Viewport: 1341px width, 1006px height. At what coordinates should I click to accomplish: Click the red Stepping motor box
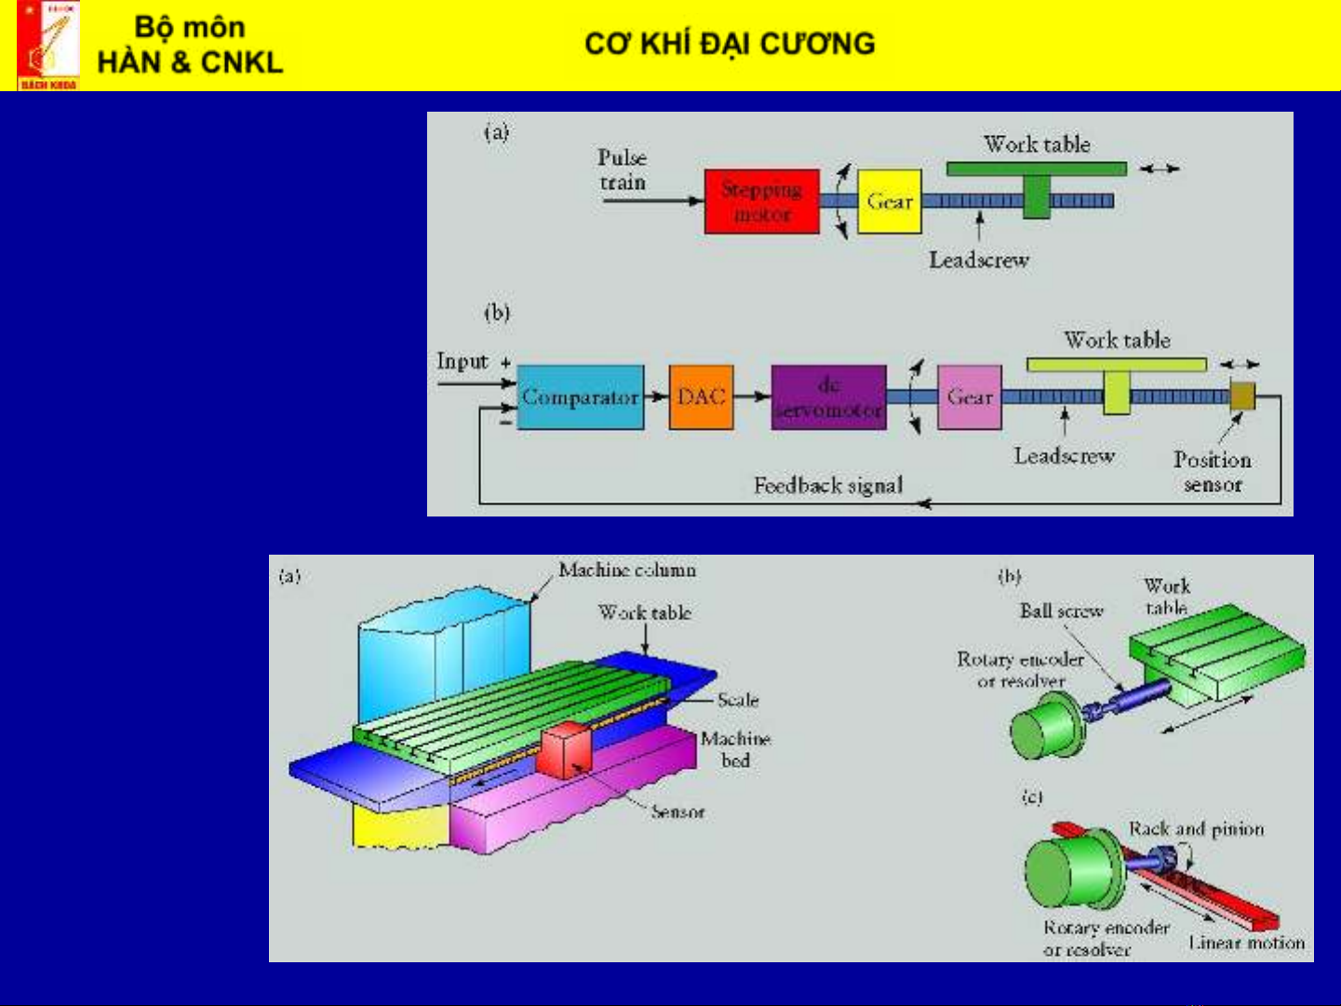click(761, 201)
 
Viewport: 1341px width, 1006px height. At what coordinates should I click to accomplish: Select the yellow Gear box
click(889, 201)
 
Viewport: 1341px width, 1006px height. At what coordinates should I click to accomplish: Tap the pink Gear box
click(969, 397)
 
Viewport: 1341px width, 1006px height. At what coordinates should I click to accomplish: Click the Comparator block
click(580, 397)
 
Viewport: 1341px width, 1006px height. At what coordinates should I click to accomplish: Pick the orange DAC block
click(701, 397)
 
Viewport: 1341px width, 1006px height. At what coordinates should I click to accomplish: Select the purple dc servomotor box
click(828, 397)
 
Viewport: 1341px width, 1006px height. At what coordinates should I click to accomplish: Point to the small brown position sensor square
click(1242, 396)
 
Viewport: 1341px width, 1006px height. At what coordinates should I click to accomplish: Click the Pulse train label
click(622, 169)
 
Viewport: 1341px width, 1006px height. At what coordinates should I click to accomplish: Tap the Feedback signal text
click(827, 485)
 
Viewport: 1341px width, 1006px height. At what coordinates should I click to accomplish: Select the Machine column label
click(626, 570)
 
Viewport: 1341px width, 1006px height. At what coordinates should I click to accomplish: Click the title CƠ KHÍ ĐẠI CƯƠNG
click(730, 44)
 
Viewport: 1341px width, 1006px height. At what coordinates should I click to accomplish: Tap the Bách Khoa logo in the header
click(48, 46)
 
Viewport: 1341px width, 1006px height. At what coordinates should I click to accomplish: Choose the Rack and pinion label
click(1196, 828)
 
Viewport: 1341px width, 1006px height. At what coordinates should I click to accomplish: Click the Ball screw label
click(1061, 611)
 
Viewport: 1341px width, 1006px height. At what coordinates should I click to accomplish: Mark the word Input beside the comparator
click(463, 361)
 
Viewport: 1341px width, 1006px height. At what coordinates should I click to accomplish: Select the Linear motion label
click(1246, 943)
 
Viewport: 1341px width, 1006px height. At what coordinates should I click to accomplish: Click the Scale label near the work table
click(737, 700)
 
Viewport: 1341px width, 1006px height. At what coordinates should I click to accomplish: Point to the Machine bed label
click(735, 749)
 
